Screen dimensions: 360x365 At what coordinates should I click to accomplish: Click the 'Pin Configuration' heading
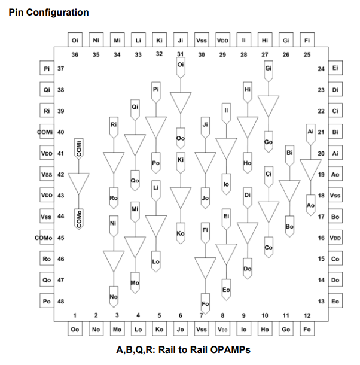click(x=48, y=13)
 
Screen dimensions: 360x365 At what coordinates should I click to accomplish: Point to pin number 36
click(x=75, y=54)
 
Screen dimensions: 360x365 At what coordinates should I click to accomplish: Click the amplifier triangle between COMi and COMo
click(x=79, y=184)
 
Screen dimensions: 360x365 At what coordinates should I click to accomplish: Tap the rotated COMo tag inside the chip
click(x=79, y=219)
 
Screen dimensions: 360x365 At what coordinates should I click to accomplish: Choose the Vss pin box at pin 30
click(x=202, y=40)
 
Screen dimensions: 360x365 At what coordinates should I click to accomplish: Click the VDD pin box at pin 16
click(x=335, y=238)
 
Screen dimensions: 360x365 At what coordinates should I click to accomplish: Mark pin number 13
click(x=321, y=301)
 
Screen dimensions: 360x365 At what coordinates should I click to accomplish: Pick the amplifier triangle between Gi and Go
click(x=269, y=106)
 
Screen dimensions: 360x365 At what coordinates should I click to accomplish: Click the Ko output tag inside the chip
click(x=181, y=233)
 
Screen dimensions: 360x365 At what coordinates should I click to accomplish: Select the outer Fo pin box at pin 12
click(x=307, y=329)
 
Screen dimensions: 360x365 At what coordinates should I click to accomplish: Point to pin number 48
click(x=61, y=301)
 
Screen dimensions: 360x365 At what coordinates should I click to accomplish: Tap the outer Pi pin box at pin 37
click(x=47, y=68)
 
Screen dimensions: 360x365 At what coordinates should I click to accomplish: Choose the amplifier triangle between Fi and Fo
click(x=205, y=268)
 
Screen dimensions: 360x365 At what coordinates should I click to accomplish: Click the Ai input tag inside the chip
click(x=311, y=135)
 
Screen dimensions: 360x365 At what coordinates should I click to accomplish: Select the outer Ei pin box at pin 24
click(x=335, y=68)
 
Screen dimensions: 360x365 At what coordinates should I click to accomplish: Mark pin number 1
click(x=75, y=315)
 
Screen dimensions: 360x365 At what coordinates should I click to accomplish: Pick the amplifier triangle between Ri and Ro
click(x=114, y=163)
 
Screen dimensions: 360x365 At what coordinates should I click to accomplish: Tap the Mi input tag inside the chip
click(x=135, y=212)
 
